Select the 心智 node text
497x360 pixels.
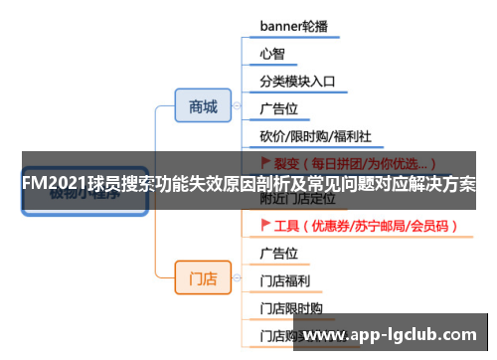271,52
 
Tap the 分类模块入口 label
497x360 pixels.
297,80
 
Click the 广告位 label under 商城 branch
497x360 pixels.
278,106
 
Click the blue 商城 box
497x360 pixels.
203,106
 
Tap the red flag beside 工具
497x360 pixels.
265,226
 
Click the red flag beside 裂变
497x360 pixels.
265,161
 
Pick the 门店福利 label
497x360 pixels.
284,280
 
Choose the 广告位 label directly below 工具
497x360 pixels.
278,253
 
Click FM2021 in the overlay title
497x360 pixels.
51,186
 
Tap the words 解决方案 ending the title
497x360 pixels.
443,186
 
